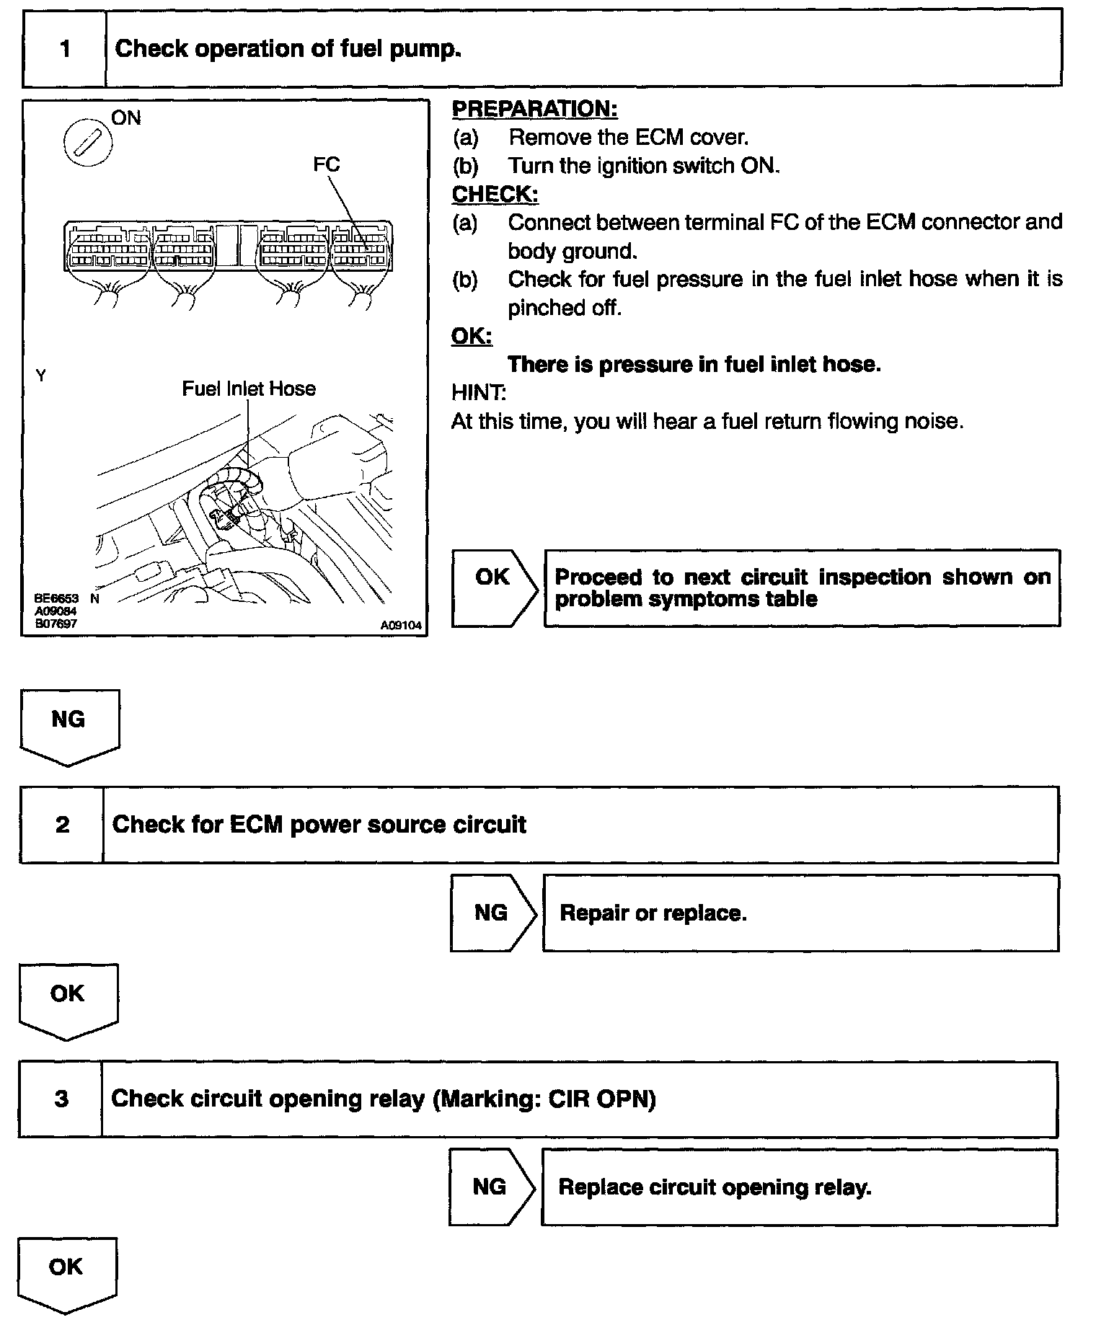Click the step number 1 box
[x=65, y=49]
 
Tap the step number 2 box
[x=62, y=825]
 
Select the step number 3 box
[x=61, y=1099]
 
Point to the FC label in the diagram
[x=326, y=164]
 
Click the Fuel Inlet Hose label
[x=249, y=389]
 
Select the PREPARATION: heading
[x=534, y=110]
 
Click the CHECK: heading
[x=495, y=195]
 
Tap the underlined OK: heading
[x=472, y=336]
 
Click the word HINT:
[x=478, y=393]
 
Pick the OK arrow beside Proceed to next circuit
[x=494, y=588]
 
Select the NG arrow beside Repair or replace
[x=492, y=913]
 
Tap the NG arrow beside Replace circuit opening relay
[x=491, y=1187]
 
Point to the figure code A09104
[x=401, y=626]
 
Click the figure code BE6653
[x=56, y=598]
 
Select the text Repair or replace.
[x=653, y=913]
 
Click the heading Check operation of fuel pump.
[x=288, y=49]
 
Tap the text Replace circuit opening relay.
[x=715, y=1187]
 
